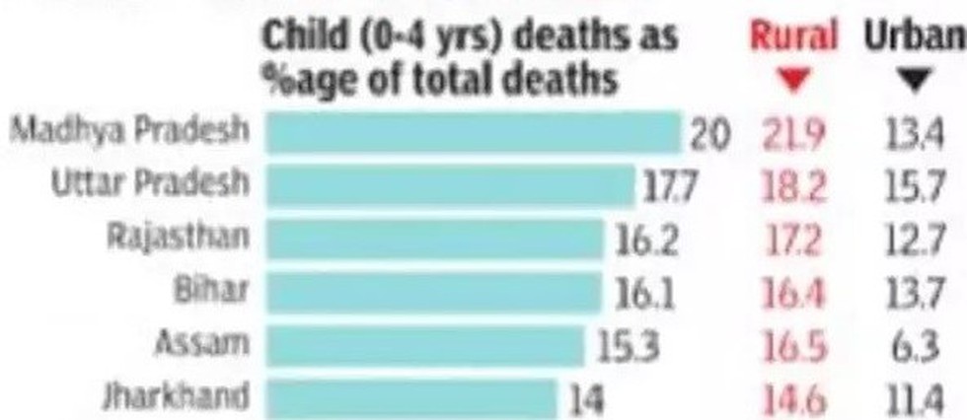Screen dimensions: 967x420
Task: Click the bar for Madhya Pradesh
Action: (x=475, y=132)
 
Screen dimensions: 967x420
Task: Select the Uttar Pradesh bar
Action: (x=451, y=184)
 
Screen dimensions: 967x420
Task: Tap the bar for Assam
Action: (x=425, y=346)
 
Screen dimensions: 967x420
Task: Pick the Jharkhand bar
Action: (x=412, y=399)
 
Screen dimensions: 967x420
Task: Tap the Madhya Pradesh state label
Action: (x=131, y=130)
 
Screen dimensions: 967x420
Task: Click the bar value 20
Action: (x=710, y=134)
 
